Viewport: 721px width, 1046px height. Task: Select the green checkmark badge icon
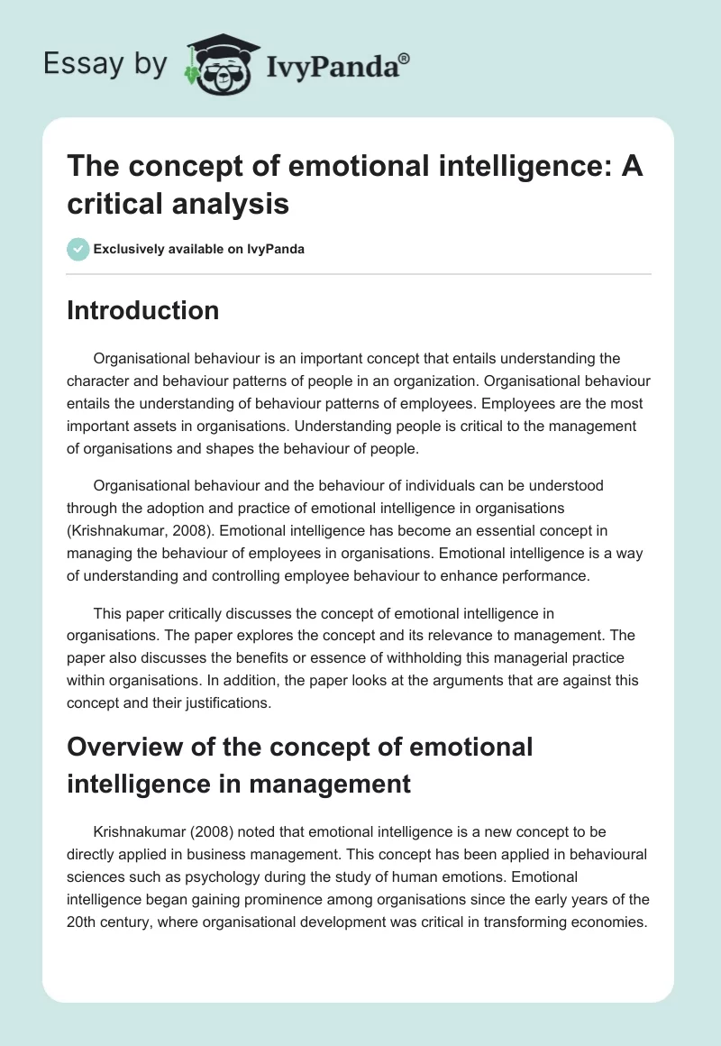(79, 249)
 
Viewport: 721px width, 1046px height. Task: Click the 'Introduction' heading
(143, 310)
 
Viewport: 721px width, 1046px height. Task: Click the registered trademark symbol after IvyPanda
(405, 58)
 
